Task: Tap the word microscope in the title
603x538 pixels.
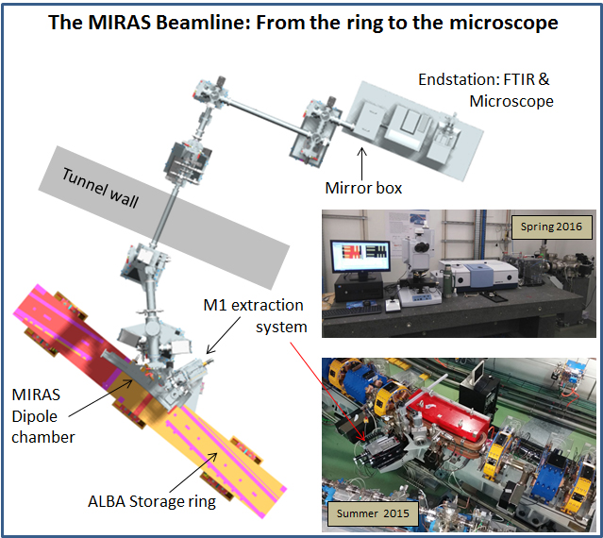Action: [x=504, y=23]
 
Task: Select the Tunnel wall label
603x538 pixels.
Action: [x=100, y=188]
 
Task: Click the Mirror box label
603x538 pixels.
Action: [x=363, y=188]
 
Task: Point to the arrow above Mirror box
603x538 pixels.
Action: [x=361, y=162]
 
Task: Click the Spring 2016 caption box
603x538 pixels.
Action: [x=551, y=227]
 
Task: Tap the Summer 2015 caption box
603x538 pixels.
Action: [x=373, y=513]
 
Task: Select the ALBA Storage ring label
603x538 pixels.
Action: [x=152, y=501]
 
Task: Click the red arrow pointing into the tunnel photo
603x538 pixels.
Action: [x=327, y=391]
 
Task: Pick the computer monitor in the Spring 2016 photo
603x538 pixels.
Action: [x=360, y=257]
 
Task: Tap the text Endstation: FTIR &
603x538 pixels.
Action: [x=484, y=79]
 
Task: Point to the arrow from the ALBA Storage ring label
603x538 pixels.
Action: [x=193, y=473]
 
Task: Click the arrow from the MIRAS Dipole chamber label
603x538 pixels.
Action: [x=100, y=398]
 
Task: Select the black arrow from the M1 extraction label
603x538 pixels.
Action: [x=224, y=335]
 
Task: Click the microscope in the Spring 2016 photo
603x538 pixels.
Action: [x=418, y=268]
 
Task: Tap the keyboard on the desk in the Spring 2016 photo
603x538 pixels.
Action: [x=352, y=311]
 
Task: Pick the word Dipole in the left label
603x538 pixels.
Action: [x=35, y=416]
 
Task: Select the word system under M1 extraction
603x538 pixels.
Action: [x=281, y=328]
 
